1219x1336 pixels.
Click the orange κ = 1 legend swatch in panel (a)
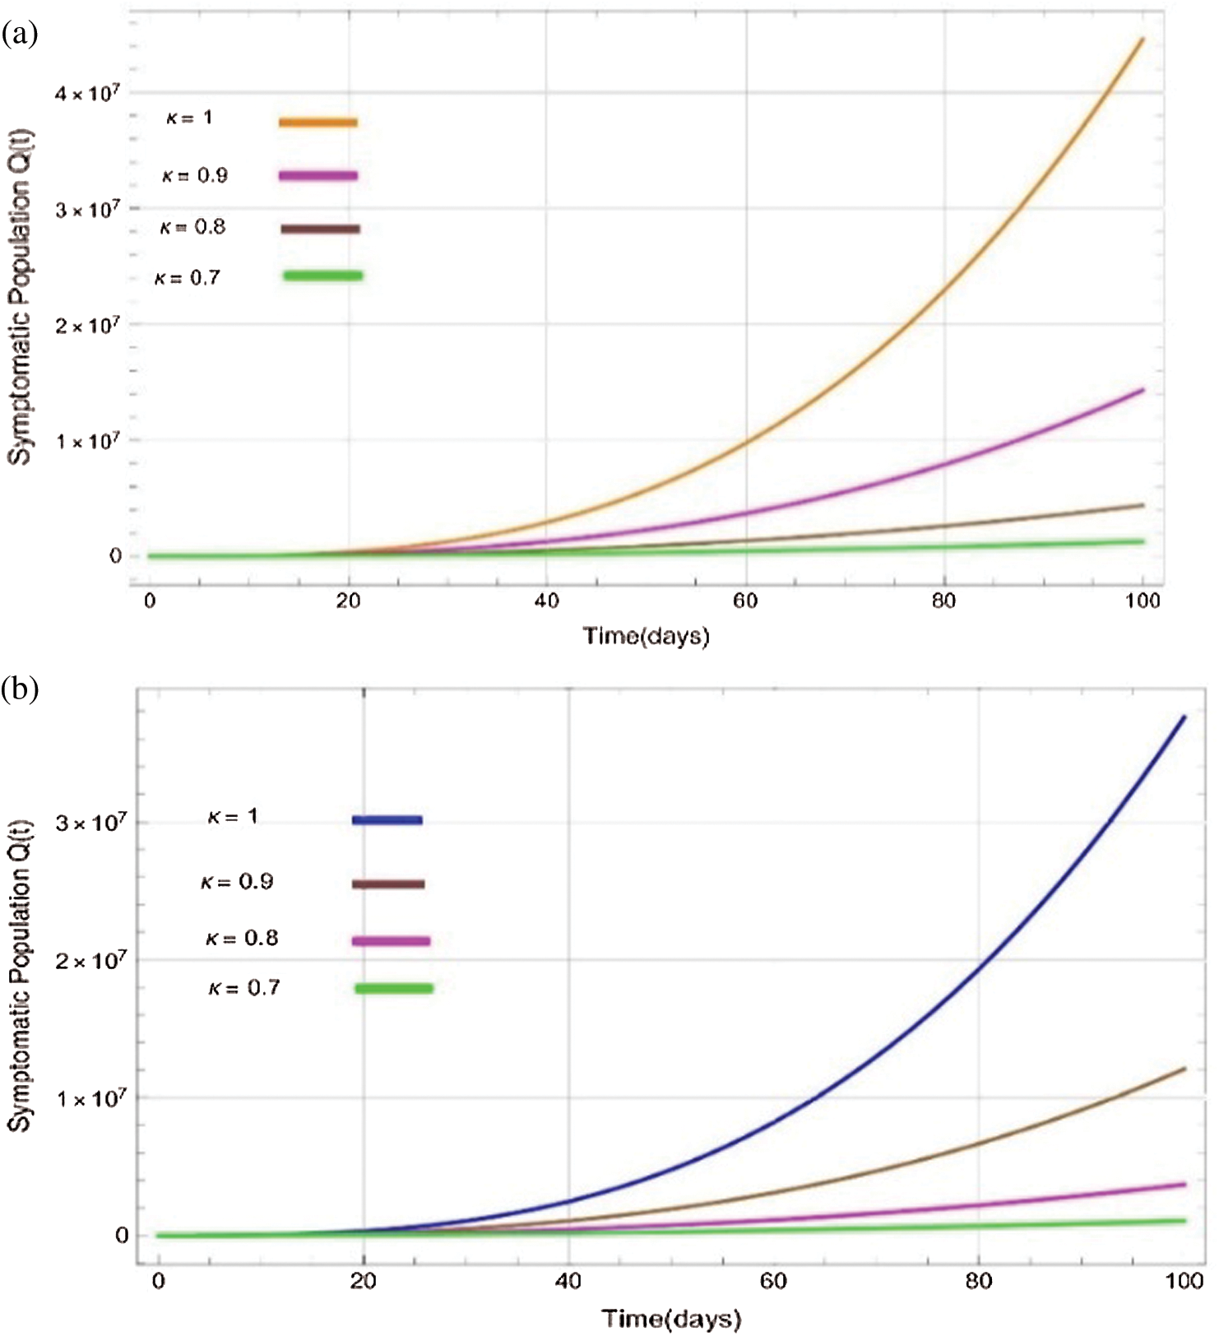pyautogui.click(x=317, y=123)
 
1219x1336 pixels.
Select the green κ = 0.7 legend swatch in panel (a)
pyautogui.click(x=322, y=276)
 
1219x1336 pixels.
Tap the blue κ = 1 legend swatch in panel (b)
pyautogui.click(x=387, y=820)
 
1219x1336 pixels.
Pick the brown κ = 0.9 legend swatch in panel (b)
pyautogui.click(x=388, y=884)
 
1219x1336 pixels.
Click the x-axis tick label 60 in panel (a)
pyautogui.click(x=745, y=601)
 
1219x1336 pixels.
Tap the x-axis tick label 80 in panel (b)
pyautogui.click(x=978, y=1281)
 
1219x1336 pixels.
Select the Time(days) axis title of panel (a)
pyautogui.click(x=646, y=636)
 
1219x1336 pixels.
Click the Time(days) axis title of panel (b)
pyautogui.click(x=670, y=1319)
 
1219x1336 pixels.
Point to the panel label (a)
pyautogui.click(x=20, y=34)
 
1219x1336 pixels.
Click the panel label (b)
pyautogui.click(x=20, y=689)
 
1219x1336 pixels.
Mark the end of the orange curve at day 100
pyautogui.click(x=1143, y=39)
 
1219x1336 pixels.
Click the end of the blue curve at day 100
pyautogui.click(x=1184, y=717)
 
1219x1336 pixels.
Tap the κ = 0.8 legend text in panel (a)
pyautogui.click(x=192, y=227)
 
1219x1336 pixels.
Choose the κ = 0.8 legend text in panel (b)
pyautogui.click(x=242, y=939)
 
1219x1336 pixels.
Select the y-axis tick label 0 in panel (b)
pyautogui.click(x=122, y=1235)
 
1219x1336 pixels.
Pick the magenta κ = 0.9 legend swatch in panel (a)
pyautogui.click(x=317, y=175)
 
